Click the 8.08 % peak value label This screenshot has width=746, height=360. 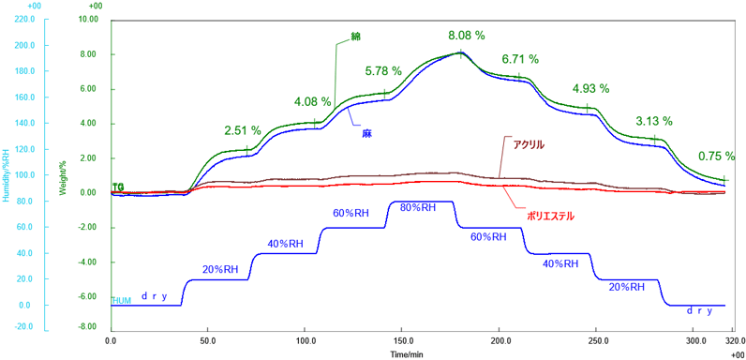465,35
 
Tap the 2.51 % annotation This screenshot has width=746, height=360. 243,130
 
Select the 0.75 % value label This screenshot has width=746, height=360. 717,157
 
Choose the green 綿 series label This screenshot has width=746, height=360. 355,36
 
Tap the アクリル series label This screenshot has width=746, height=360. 528,144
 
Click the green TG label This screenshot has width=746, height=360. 118,187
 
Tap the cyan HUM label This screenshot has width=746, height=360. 122,300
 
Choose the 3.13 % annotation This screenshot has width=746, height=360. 654,121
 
